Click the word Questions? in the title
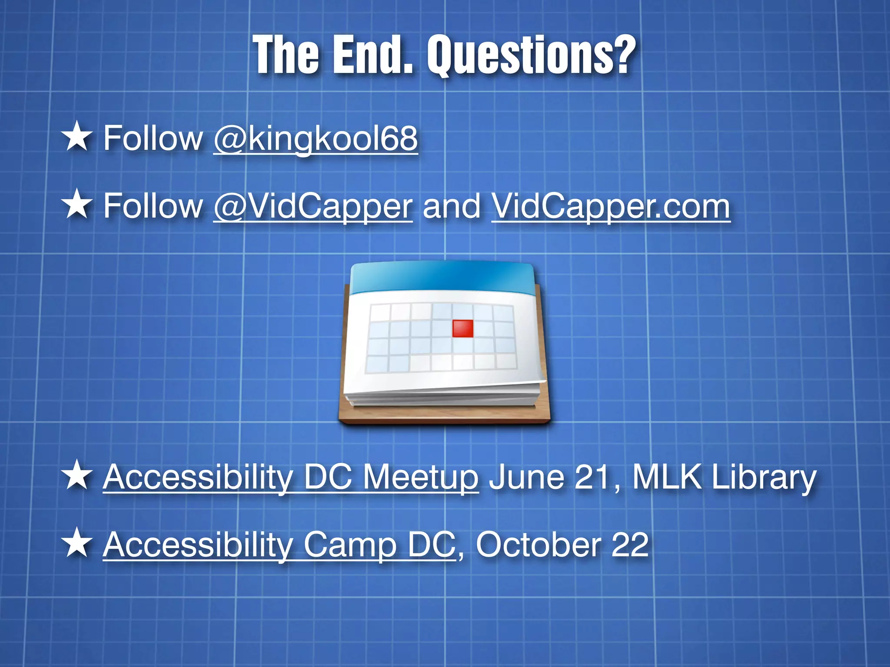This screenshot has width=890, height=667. (x=531, y=56)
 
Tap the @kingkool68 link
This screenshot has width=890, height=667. (x=315, y=139)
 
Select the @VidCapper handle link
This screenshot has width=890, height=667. (x=313, y=207)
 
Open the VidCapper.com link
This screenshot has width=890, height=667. (x=611, y=207)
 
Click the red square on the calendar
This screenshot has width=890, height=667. (x=463, y=329)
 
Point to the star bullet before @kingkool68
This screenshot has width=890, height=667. (x=77, y=137)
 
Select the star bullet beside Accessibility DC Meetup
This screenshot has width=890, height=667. (x=77, y=475)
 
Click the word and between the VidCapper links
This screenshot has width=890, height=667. (x=452, y=207)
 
